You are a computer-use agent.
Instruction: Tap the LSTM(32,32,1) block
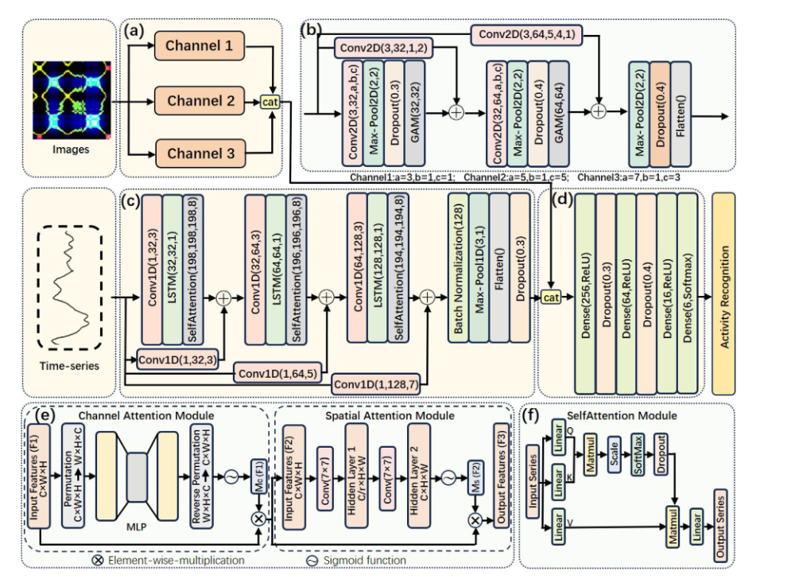(173, 267)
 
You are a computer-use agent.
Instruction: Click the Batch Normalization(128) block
(460, 267)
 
